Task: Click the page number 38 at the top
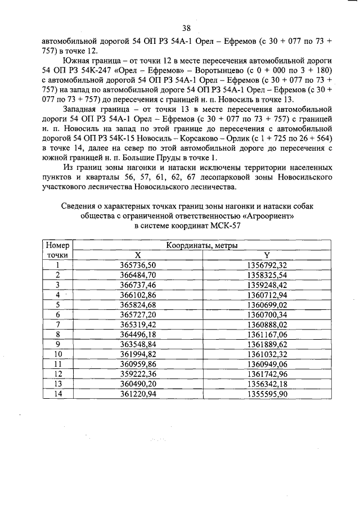186,28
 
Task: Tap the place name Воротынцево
233,70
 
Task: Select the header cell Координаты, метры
202,246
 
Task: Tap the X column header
138,255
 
